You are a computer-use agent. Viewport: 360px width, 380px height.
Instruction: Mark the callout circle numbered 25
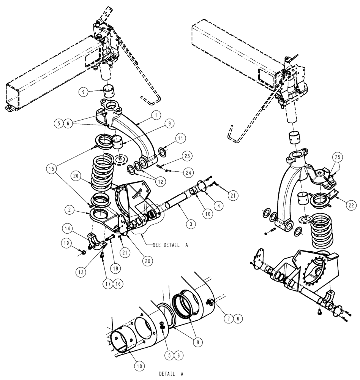tap(338, 157)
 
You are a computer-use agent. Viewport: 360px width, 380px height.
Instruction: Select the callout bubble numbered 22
tap(352, 205)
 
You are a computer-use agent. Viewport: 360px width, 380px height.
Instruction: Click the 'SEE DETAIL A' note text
tap(170, 245)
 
